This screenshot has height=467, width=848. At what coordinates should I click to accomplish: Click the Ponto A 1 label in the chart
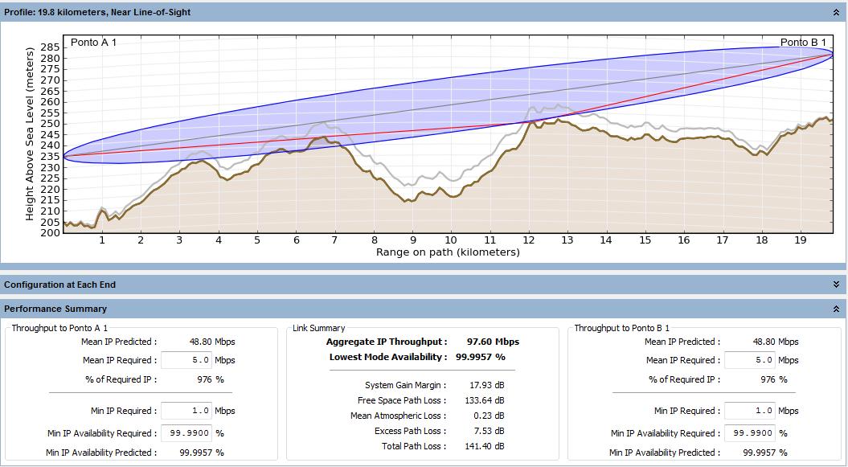coord(94,43)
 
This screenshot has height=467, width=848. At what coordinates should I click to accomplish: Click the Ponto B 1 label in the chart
coord(803,43)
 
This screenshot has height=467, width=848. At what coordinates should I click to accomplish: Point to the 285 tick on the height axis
coord(50,47)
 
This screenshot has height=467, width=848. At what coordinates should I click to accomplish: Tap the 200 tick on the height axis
coord(50,233)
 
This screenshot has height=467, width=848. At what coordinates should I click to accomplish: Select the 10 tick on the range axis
coord(451,240)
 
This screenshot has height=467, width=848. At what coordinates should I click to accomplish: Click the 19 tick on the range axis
coord(800,240)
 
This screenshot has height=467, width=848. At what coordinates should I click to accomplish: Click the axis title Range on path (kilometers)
coord(448,252)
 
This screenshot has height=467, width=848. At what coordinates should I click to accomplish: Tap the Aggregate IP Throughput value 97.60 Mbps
coord(493,342)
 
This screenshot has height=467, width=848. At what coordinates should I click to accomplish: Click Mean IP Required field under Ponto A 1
coord(186,361)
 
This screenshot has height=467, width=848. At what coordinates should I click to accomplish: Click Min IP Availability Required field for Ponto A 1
coord(186,433)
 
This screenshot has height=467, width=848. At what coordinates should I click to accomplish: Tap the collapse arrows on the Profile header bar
coord(836,12)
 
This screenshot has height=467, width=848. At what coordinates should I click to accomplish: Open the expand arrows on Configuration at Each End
coord(836,285)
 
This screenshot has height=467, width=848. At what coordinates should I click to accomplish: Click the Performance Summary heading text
coord(55,309)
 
